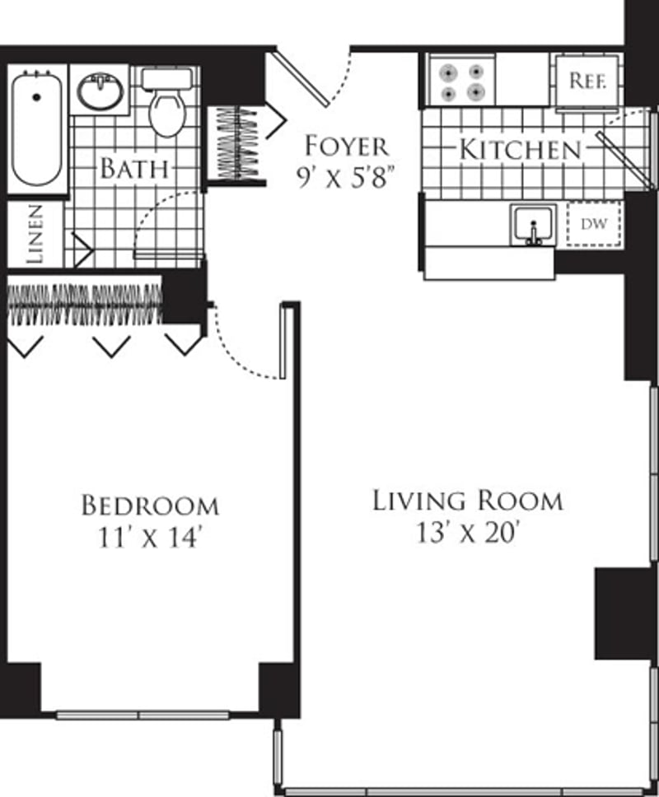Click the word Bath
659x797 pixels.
tap(134, 170)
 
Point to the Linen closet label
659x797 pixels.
tap(35, 235)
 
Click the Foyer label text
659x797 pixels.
tap(346, 147)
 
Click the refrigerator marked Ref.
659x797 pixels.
tap(588, 82)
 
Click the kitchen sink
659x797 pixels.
tap(534, 226)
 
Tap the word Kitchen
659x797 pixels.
tap(519, 150)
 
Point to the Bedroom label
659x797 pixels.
tap(150, 505)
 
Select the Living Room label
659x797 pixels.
tap(467, 500)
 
